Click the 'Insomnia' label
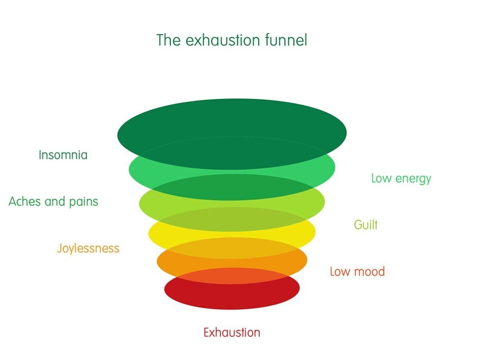pyautogui.click(x=63, y=155)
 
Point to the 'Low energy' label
pyautogui.click(x=401, y=179)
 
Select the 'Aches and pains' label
pyautogui.click(x=53, y=201)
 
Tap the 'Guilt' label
pyautogui.click(x=366, y=225)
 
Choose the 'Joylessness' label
pyautogui.click(x=88, y=248)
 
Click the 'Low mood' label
pyautogui.click(x=357, y=271)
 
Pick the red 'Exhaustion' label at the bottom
pyautogui.click(x=232, y=332)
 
